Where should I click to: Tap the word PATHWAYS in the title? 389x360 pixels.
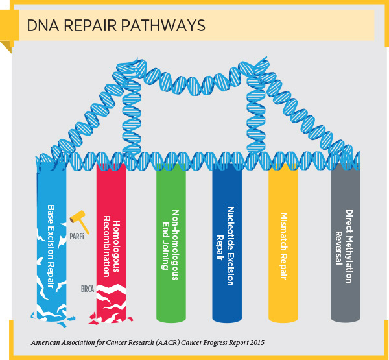165,25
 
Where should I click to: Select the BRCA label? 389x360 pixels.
88,287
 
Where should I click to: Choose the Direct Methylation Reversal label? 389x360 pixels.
344,237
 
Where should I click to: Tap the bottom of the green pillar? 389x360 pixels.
171,317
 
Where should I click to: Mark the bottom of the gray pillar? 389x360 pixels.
345,317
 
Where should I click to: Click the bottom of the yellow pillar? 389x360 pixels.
283,317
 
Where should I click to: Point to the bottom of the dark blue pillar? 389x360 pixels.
227,317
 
